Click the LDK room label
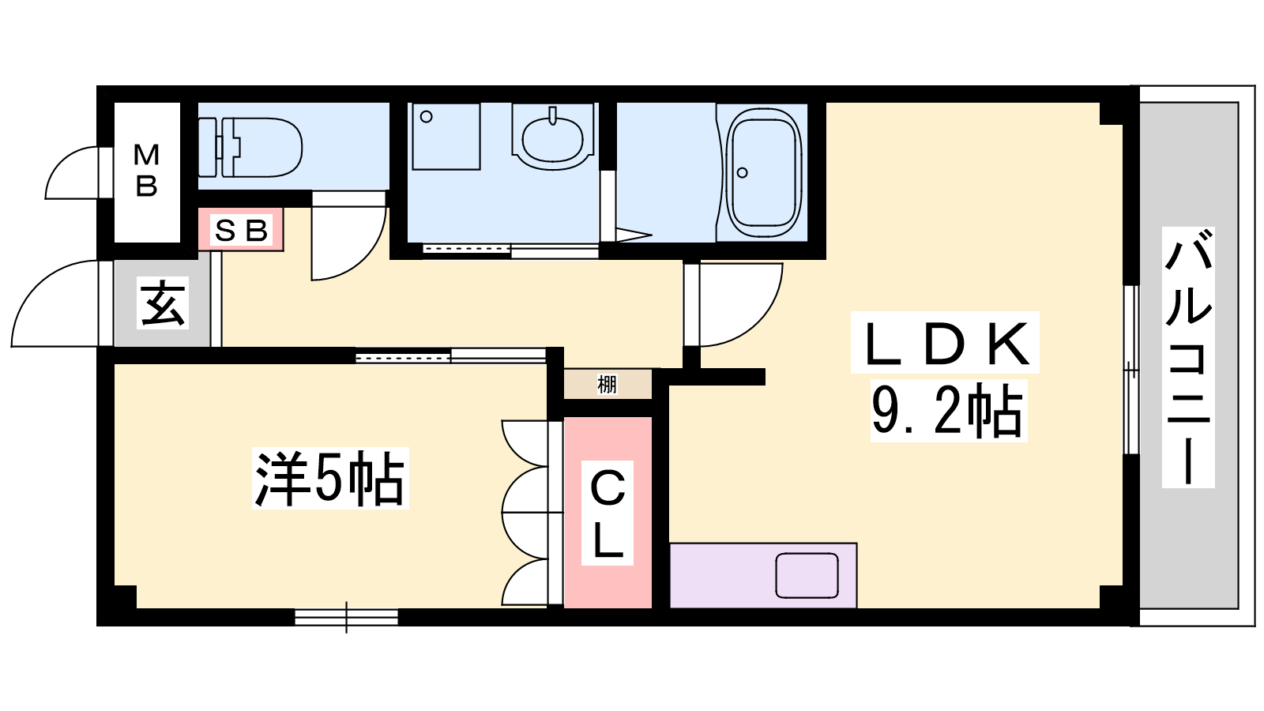945,343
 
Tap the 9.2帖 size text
948,410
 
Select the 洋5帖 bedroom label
330,479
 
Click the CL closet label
608,513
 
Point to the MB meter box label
147,170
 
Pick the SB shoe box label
241,230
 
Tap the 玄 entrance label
163,305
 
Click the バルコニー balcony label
1188,356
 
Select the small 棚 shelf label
608,385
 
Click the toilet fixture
250,147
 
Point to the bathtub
764,173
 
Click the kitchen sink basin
807,575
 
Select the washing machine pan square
446,136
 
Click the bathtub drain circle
743,173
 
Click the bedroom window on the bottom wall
347,617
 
